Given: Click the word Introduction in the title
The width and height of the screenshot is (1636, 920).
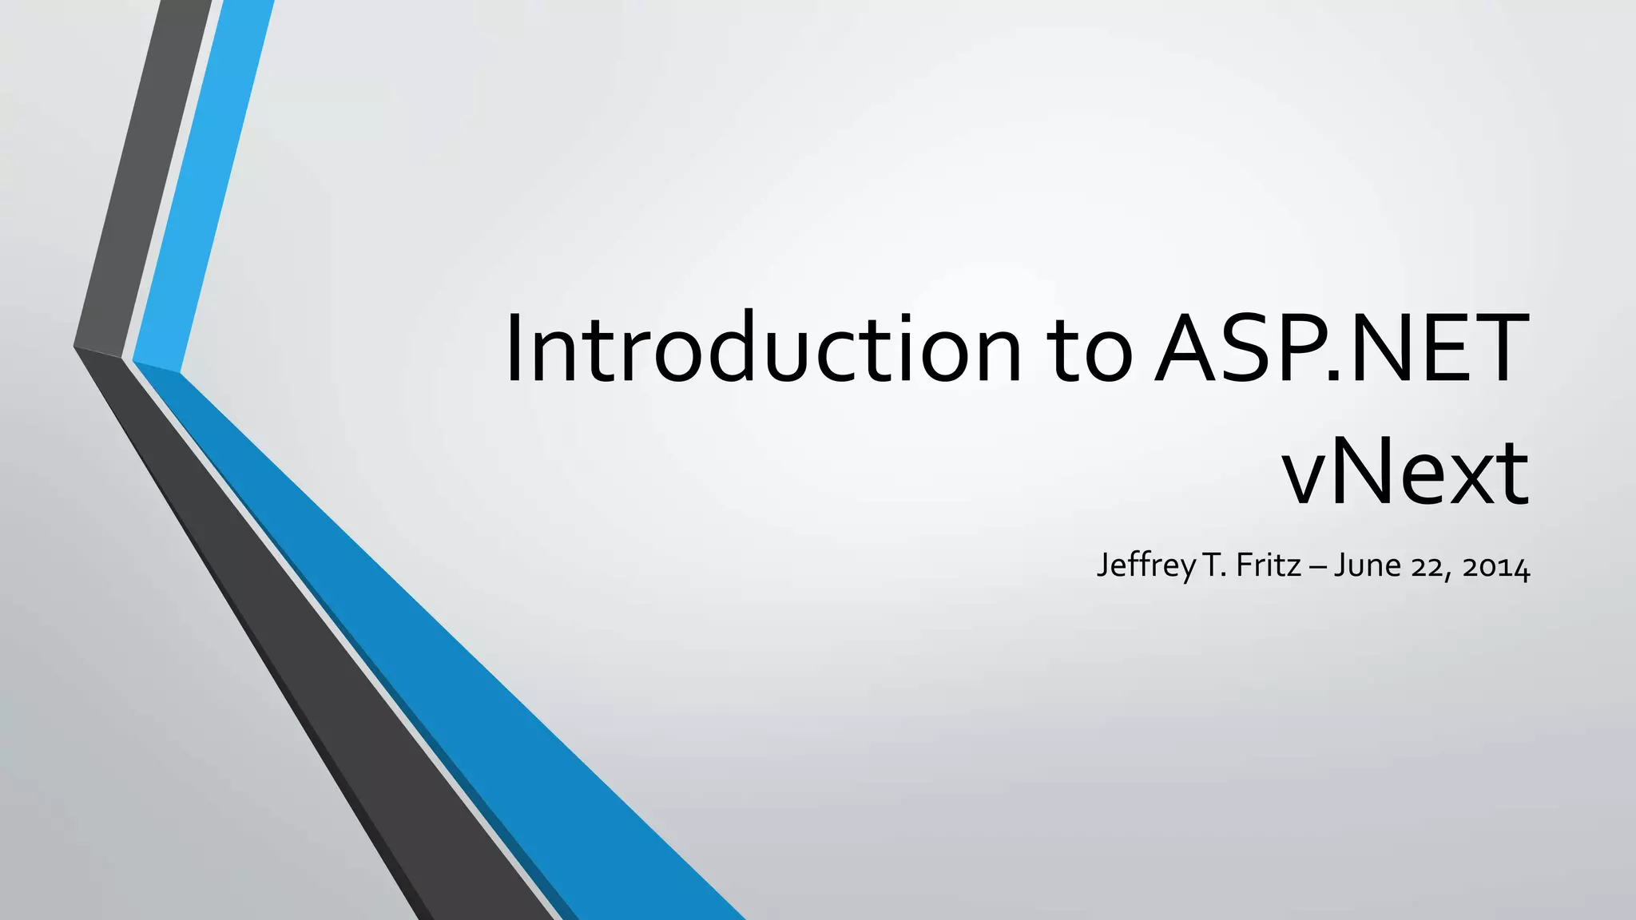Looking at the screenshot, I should tap(763, 349).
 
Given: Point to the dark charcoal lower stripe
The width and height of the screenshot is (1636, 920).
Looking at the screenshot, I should tap(320, 679).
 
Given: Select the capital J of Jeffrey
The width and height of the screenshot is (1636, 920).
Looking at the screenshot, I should tap(1103, 566).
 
